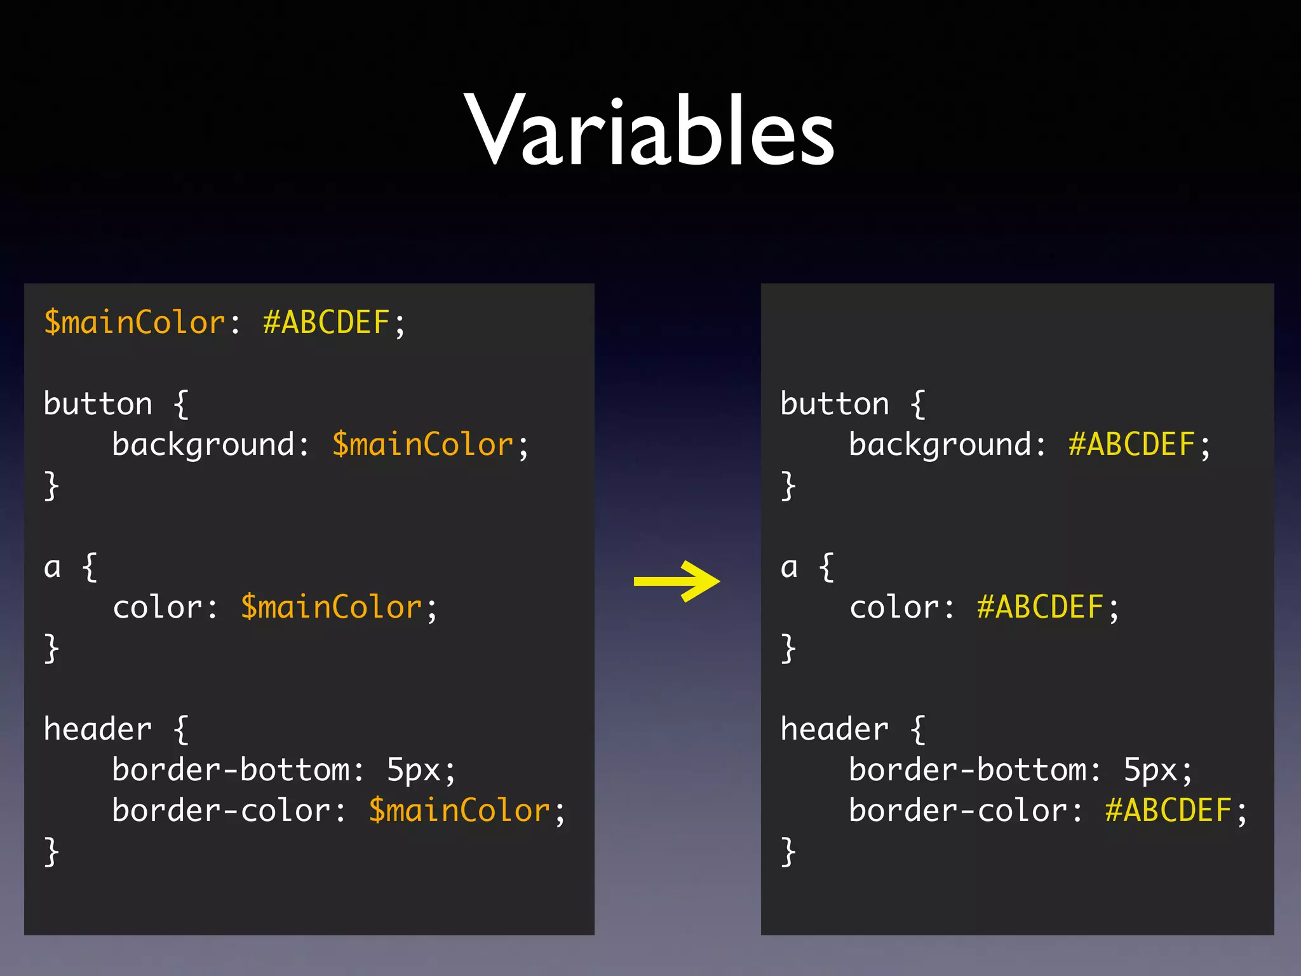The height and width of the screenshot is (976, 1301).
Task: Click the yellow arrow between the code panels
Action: pyautogui.click(x=677, y=581)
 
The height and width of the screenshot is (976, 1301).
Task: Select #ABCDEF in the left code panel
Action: pyautogui.click(x=326, y=323)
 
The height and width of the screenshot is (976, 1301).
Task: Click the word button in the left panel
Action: pyautogui.click(x=98, y=404)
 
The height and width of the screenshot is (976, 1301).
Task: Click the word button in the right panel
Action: pyautogui.click(x=835, y=404)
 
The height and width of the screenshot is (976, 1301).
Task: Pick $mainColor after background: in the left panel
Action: pyautogui.click(x=422, y=445)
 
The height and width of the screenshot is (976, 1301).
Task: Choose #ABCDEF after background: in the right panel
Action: pyautogui.click(x=1132, y=445)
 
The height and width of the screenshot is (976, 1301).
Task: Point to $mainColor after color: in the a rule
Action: pyautogui.click(x=331, y=607)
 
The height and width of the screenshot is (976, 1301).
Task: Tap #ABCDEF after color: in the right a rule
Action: pyautogui.click(x=1041, y=607)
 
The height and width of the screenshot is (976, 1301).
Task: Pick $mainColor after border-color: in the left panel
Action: pyautogui.click(x=459, y=811)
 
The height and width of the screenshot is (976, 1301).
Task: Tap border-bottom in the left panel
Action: pyautogui.click(x=231, y=770)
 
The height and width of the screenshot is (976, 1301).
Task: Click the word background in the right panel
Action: pyautogui.click(x=940, y=445)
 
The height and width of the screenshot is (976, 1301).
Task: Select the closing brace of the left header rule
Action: pyautogui.click(x=51, y=851)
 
